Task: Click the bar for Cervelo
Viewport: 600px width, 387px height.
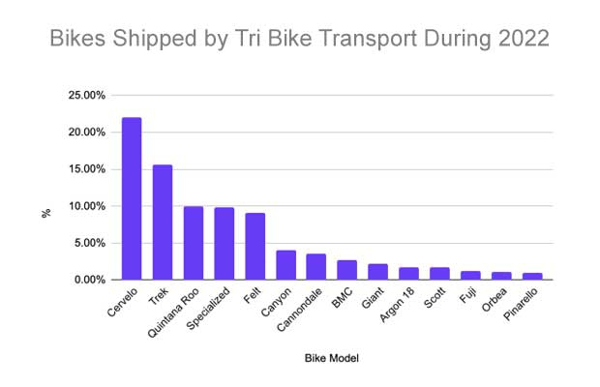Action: click(x=132, y=198)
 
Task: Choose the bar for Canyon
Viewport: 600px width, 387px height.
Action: click(x=285, y=265)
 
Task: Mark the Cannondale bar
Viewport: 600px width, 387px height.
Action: click(x=316, y=267)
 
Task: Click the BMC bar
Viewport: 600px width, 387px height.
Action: click(x=347, y=270)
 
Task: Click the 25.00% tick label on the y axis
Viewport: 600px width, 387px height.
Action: click(x=86, y=96)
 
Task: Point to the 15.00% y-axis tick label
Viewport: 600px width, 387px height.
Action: click(x=86, y=169)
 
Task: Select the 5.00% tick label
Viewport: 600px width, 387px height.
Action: click(x=89, y=243)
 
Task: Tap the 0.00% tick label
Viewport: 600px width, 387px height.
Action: click(x=89, y=280)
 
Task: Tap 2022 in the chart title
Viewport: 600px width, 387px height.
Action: click(x=522, y=41)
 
